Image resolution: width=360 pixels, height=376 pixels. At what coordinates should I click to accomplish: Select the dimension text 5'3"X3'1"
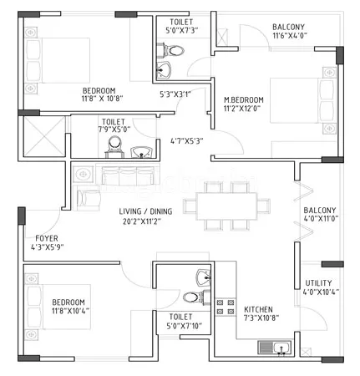pyautogui.click(x=175, y=94)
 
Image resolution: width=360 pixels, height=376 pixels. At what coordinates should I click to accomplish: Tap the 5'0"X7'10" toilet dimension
pyautogui.click(x=180, y=328)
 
